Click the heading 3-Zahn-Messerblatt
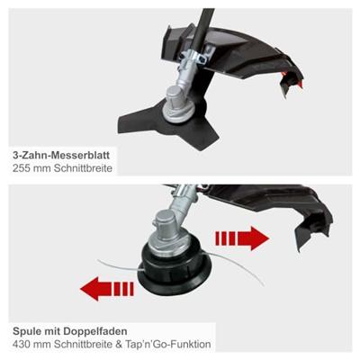click(x=61, y=156)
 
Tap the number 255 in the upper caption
click(x=22, y=168)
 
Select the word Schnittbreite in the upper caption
click(x=83, y=168)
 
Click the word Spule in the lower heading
click(x=27, y=331)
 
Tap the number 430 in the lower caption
click(x=22, y=344)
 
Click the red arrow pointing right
click(x=242, y=238)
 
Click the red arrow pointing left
click(x=107, y=289)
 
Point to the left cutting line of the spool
click(x=120, y=266)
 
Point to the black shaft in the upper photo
click(x=202, y=29)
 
